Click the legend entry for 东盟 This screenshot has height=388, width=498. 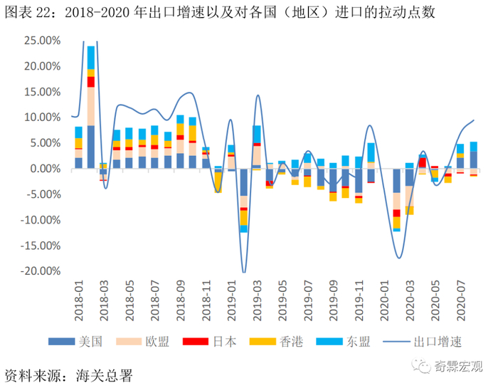pyautogui.click(x=356, y=342)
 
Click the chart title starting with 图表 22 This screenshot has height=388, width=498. pyautogui.click(x=221, y=13)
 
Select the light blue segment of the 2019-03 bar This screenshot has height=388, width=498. pyautogui.click(x=257, y=134)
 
